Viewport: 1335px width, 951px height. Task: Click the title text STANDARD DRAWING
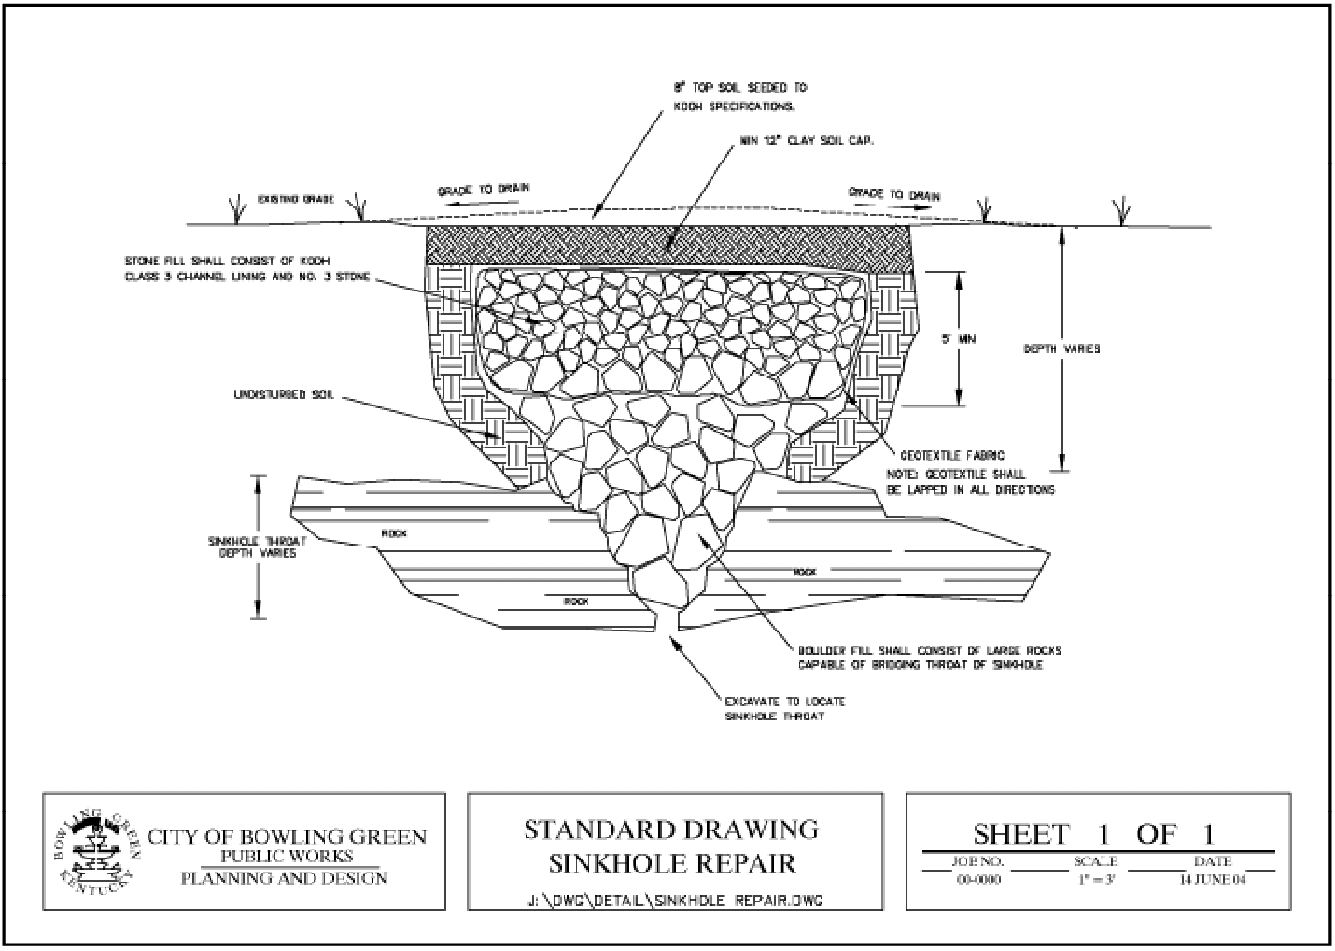point(671,829)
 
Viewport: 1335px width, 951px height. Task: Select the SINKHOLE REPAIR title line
point(672,862)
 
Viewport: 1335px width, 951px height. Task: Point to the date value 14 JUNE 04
point(1213,879)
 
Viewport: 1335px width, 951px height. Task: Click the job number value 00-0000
point(978,879)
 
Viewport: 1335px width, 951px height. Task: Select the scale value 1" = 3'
point(1095,879)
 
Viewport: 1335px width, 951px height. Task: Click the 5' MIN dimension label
point(958,340)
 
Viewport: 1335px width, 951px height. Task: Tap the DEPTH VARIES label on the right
point(1061,348)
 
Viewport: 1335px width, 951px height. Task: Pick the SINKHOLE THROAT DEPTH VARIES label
point(257,546)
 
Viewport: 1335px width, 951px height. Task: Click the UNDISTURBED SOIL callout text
point(283,395)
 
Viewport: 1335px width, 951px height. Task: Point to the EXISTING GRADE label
point(289,199)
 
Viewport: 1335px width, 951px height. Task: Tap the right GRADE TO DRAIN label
point(893,194)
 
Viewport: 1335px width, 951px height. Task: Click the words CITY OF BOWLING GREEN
point(287,835)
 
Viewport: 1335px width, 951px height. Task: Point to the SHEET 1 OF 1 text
point(1094,833)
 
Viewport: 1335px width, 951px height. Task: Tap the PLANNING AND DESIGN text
point(284,877)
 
